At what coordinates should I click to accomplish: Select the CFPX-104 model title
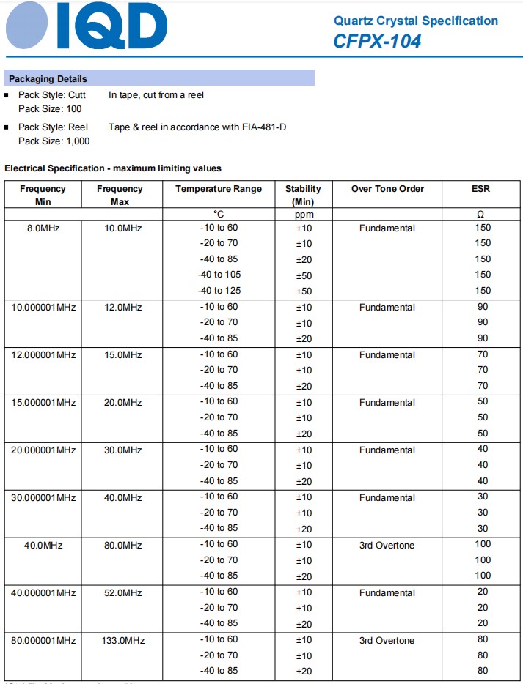point(377,41)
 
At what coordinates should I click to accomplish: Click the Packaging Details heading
point(47,79)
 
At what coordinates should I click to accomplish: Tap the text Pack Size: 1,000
point(54,141)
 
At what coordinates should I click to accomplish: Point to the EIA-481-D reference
point(264,127)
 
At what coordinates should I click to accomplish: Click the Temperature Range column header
point(218,189)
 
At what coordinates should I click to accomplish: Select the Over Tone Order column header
point(387,189)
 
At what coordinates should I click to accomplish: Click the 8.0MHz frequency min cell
point(43,228)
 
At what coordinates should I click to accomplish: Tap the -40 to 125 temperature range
point(219,291)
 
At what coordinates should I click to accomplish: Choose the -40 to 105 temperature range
point(219,275)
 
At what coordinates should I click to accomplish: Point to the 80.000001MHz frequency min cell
point(43,641)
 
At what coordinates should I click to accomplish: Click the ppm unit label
point(303,215)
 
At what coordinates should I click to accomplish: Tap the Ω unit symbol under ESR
point(481,215)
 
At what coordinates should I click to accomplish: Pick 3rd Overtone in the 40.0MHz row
point(387,546)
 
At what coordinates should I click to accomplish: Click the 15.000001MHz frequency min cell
point(43,403)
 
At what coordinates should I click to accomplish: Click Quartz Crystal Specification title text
point(415,21)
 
